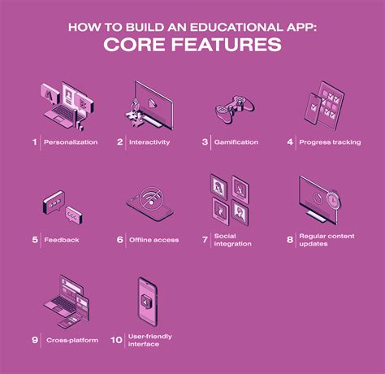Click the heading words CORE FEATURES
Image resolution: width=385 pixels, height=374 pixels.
point(192,44)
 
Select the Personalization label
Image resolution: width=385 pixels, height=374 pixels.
point(71,141)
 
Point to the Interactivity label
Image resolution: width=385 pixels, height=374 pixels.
point(149,141)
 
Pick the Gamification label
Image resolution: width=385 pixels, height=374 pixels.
point(236,141)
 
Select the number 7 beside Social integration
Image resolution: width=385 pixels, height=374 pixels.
point(205,240)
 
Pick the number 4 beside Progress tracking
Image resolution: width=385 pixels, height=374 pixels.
point(289,141)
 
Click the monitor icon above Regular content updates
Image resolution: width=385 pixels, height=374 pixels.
point(325,199)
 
